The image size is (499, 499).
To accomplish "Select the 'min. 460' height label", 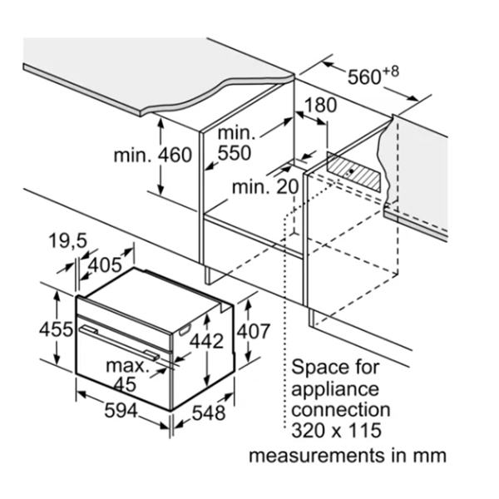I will (152, 155).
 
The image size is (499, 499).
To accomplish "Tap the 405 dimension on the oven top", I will (105, 266).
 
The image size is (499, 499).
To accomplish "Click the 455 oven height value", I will (57, 329).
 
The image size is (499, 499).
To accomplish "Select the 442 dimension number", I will (206, 341).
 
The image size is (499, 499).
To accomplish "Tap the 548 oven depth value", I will (208, 411).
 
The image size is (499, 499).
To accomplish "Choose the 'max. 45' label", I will (126, 374).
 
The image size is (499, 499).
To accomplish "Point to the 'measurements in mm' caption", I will (348, 455).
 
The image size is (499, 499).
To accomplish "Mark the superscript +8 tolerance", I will (391, 72).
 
